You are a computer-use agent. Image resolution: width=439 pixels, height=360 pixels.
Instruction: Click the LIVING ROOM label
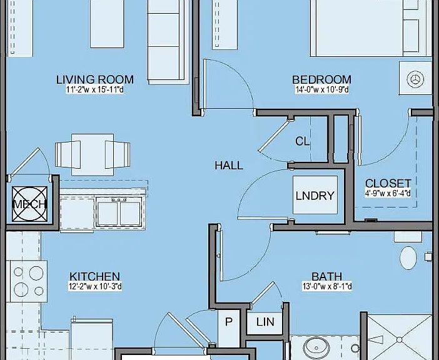click(95, 80)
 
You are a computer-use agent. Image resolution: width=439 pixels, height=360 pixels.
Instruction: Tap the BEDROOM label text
click(321, 80)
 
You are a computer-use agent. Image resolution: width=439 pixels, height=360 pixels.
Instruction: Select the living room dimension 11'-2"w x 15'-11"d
click(95, 90)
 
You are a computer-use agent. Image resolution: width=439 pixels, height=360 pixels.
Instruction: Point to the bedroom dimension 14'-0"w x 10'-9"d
click(322, 90)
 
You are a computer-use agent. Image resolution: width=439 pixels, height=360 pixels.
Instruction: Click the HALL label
click(229, 166)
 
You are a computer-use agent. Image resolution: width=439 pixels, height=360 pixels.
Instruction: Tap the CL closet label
click(303, 141)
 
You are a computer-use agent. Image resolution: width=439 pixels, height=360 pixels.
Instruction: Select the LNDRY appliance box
click(315, 195)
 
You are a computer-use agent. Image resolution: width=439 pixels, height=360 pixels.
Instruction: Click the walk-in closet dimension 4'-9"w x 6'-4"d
click(388, 193)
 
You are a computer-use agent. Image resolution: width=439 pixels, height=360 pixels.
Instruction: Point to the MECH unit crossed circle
click(29, 204)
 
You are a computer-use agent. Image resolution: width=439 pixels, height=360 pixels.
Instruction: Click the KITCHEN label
click(95, 277)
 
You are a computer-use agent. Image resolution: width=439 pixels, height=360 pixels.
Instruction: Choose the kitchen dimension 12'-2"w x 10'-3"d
click(95, 287)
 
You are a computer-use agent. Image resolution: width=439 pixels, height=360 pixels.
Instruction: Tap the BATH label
click(326, 277)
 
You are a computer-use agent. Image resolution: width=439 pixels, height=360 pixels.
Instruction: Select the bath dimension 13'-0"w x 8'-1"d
click(327, 287)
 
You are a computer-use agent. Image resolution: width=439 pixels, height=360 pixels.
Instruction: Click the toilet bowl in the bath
click(408, 258)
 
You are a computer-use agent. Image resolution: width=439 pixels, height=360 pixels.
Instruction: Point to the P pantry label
click(229, 322)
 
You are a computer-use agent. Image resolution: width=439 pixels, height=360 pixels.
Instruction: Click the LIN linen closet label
click(265, 322)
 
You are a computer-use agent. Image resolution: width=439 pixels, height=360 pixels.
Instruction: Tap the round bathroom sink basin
click(316, 346)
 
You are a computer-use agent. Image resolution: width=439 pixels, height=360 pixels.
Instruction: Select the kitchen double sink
click(119, 213)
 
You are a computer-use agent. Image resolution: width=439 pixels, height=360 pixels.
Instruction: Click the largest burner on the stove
click(36, 273)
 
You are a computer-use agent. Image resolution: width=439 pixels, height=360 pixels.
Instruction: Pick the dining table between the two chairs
click(93, 154)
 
